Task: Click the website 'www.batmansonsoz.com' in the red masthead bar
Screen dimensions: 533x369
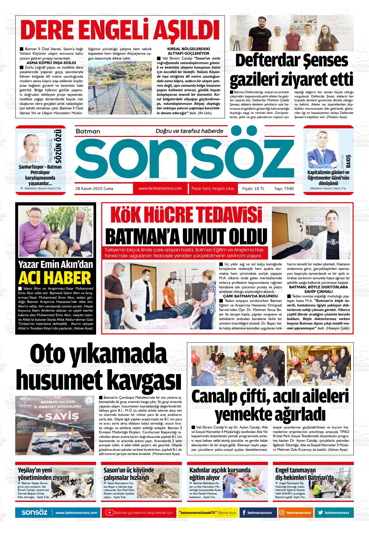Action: point(160,188)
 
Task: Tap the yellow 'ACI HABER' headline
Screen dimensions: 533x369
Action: point(55,278)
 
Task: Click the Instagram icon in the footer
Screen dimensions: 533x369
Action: point(282,513)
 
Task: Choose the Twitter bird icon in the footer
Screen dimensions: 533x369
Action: point(320,513)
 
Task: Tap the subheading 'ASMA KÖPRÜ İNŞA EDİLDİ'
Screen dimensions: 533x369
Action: point(51,62)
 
